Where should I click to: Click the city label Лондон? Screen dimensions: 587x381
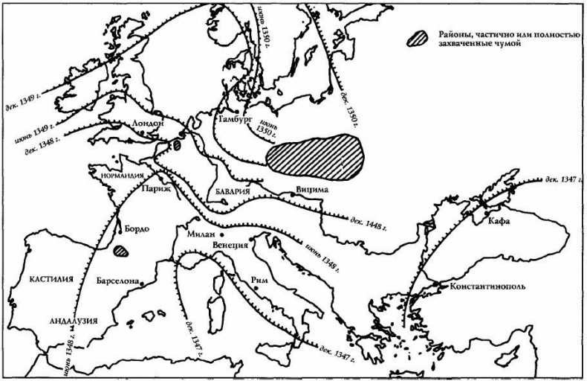click(x=146, y=124)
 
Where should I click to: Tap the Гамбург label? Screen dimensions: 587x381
click(x=235, y=119)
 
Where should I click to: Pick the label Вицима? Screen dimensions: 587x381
click(x=311, y=190)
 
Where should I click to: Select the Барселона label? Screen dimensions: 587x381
click(x=117, y=283)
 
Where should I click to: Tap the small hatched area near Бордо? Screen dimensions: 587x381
click(x=121, y=251)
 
